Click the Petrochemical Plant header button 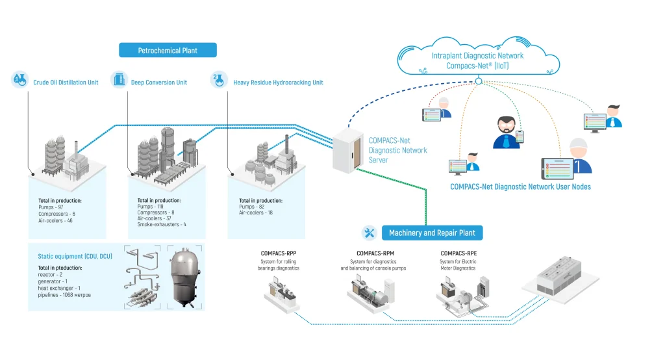(168, 50)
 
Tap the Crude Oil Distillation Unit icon (20, 81)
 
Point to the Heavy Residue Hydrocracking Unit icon (218, 81)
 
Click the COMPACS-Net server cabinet (349, 149)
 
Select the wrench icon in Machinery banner (370, 233)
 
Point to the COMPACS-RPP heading (279, 253)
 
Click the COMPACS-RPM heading (375, 253)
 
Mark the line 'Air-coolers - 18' (257, 212)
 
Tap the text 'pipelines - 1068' (65, 295)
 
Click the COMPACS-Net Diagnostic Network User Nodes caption (520, 186)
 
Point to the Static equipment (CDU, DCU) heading (75, 257)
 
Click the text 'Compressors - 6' (56, 213)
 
